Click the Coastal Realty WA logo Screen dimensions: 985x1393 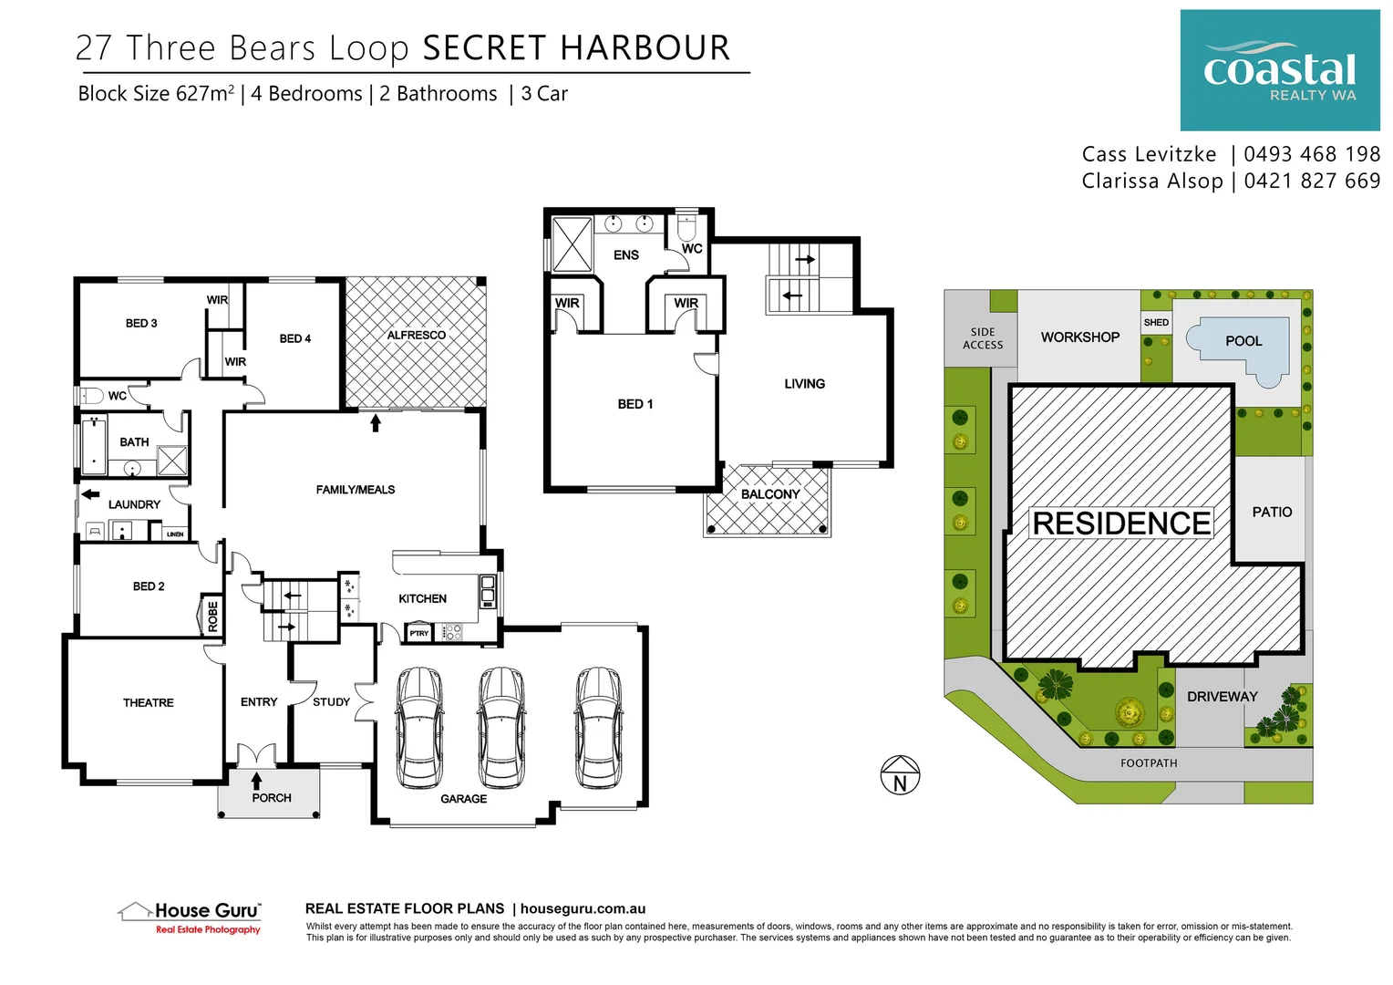pyautogui.click(x=1279, y=70)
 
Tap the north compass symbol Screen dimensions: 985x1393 pyautogui.click(x=900, y=776)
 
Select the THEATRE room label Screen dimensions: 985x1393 pyautogui.click(x=148, y=702)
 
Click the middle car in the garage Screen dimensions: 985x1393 pyautogui.click(x=500, y=727)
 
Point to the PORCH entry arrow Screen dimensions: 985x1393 pyautogui.click(x=257, y=781)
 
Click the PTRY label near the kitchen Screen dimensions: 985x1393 pyautogui.click(x=418, y=633)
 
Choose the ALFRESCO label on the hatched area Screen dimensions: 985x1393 pyautogui.click(x=416, y=335)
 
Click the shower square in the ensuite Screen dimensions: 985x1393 pyautogui.click(x=573, y=244)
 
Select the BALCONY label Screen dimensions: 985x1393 pyautogui.click(x=770, y=494)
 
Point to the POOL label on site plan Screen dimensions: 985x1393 pyautogui.click(x=1243, y=341)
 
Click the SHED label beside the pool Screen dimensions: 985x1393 pyautogui.click(x=1156, y=322)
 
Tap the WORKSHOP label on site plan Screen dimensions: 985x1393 pyautogui.click(x=1080, y=337)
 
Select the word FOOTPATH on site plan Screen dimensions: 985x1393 pyautogui.click(x=1149, y=763)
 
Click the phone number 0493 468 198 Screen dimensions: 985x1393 pyautogui.click(x=1312, y=154)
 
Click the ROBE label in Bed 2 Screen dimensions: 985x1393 pyautogui.click(x=212, y=617)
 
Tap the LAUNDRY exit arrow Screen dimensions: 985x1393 pyautogui.click(x=90, y=494)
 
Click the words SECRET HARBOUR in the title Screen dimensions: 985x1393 pyautogui.click(x=576, y=48)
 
